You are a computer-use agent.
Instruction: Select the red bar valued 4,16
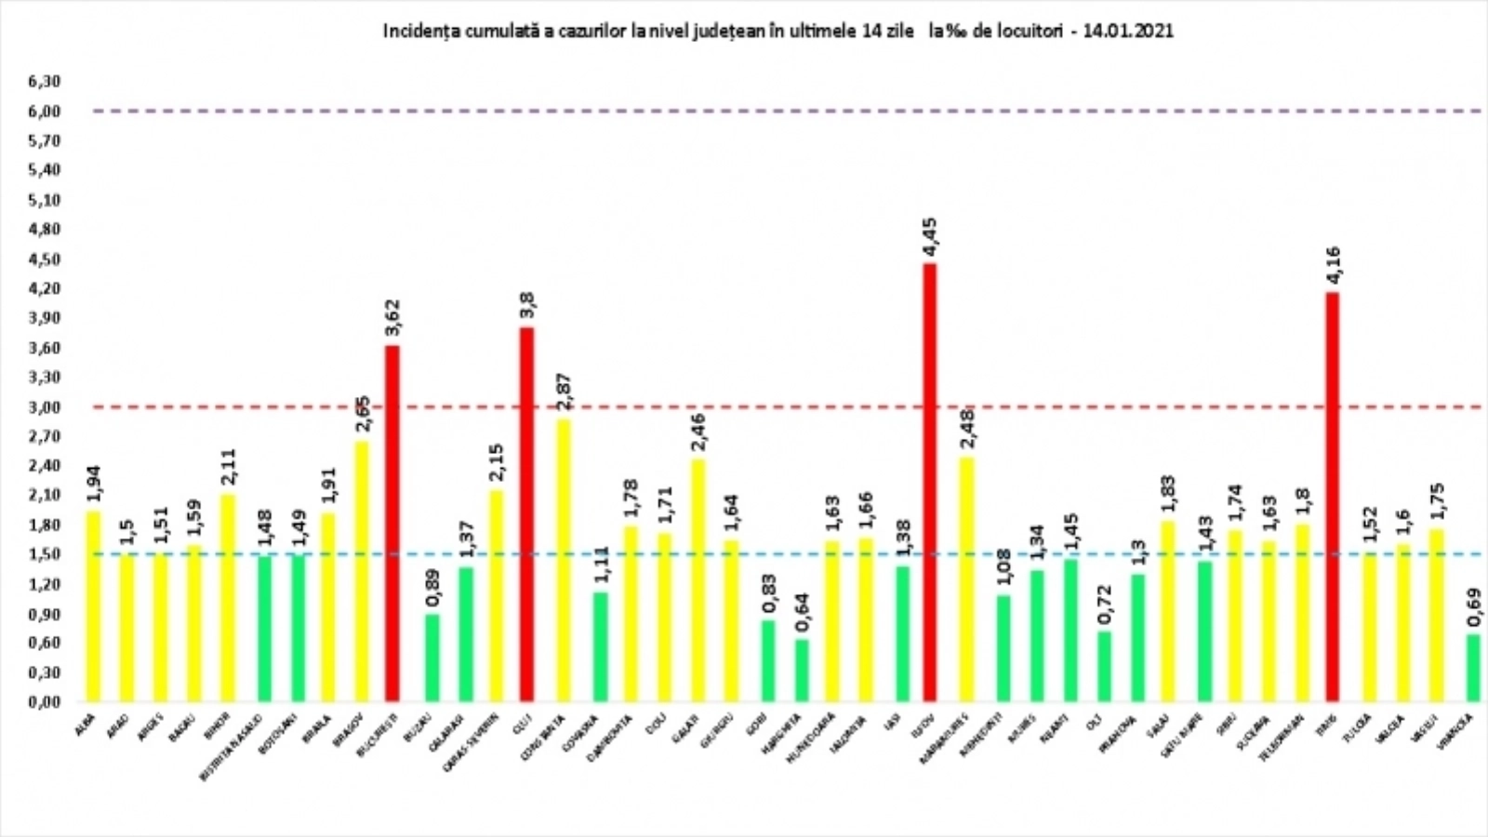coord(1332,497)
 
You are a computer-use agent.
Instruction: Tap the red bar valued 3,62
coord(392,523)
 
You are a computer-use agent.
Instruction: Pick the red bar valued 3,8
coord(526,513)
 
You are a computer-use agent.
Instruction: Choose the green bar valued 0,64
coord(801,670)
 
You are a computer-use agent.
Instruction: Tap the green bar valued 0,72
coord(1104,666)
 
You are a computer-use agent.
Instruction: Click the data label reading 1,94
coord(93,485)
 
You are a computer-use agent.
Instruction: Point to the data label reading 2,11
coord(228,469)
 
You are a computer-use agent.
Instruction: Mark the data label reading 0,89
coord(432,587)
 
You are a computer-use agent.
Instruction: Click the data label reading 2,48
coord(967,429)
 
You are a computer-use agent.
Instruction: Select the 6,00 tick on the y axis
coord(44,111)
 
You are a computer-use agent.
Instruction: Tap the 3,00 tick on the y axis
coord(44,407)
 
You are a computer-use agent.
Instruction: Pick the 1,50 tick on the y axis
coord(44,554)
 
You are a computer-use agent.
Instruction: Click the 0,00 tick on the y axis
coord(44,702)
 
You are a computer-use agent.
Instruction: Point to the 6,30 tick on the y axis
coord(44,82)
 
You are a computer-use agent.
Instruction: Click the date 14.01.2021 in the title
coord(1127,31)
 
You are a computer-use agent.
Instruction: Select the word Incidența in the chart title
coord(416,31)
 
